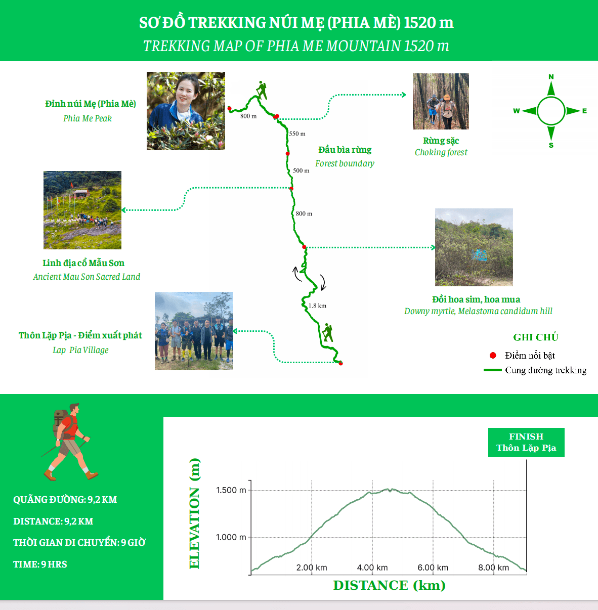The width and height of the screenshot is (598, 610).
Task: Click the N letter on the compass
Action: pos(551,76)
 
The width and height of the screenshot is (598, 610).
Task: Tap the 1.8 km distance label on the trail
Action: pos(317,306)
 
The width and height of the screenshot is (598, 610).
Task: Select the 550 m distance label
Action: pos(297,134)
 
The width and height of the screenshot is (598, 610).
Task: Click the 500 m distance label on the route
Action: pos(301,170)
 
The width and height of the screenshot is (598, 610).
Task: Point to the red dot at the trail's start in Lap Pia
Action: pos(340,363)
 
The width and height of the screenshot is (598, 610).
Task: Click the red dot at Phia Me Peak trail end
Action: pos(229,109)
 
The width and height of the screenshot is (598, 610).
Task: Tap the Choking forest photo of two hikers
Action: pos(441,101)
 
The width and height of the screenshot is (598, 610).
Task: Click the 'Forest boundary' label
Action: pos(345,163)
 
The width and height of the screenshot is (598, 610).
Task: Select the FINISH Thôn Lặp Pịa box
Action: pos(526,442)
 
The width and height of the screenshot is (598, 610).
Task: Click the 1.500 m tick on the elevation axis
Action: pos(231,490)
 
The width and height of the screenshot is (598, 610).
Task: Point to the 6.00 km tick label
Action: pos(433,568)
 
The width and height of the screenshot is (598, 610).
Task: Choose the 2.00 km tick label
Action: pos(312,568)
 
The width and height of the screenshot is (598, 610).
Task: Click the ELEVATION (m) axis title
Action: pos(194,513)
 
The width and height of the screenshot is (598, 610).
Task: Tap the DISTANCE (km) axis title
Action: pos(389,585)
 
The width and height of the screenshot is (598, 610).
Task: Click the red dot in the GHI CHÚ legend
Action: pos(493,356)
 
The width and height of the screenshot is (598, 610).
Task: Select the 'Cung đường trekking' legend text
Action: pos(545,370)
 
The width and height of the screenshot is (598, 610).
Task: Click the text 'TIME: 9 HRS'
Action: pos(40,564)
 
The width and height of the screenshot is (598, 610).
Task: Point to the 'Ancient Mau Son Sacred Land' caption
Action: pos(87,277)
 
